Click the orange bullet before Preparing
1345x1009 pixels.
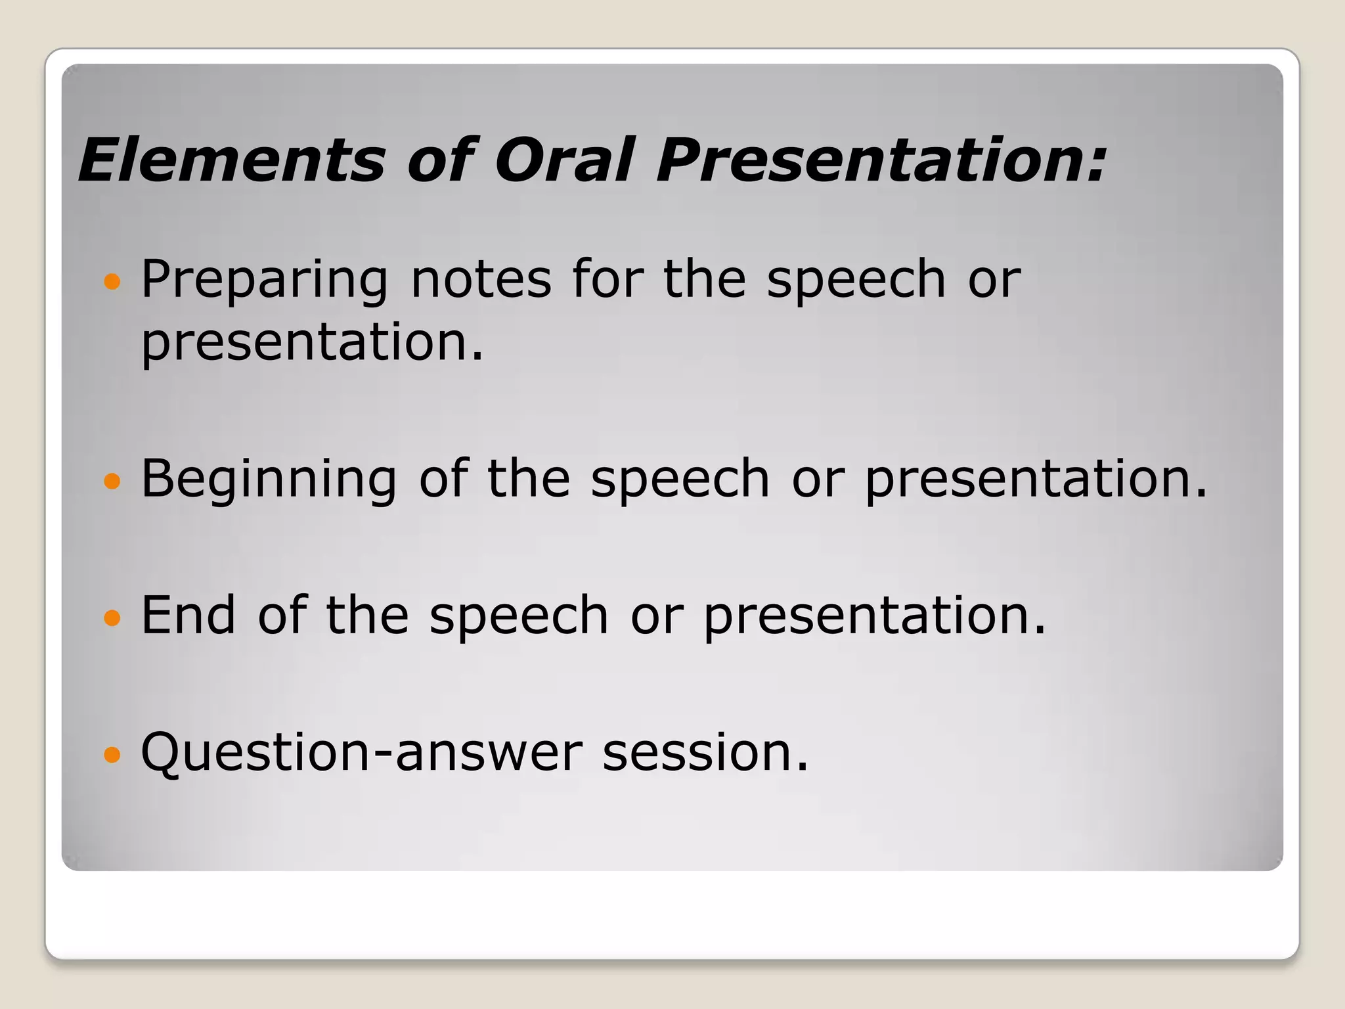pos(112,282)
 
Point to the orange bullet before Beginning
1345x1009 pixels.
pos(112,482)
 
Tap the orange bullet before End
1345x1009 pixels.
pos(112,618)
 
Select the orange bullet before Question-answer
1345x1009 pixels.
pos(112,755)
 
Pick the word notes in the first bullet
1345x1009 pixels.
pos(481,280)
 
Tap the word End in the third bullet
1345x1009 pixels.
pos(188,615)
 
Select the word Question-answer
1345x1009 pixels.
pos(361,753)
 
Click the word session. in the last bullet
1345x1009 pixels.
pos(705,753)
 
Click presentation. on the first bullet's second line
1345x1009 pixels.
pos(313,343)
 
